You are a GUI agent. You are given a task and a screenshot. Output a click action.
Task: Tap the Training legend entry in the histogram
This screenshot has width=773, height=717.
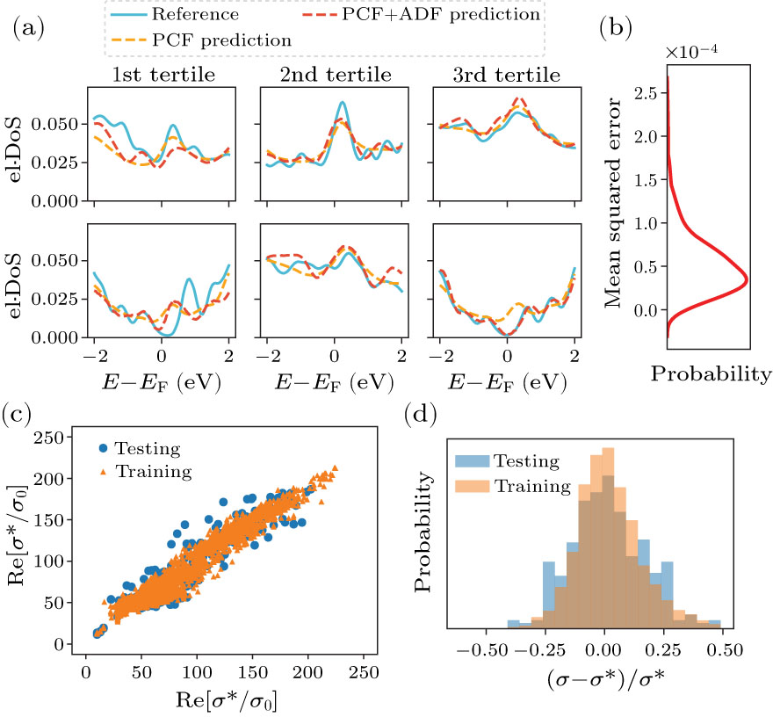coord(522,486)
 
